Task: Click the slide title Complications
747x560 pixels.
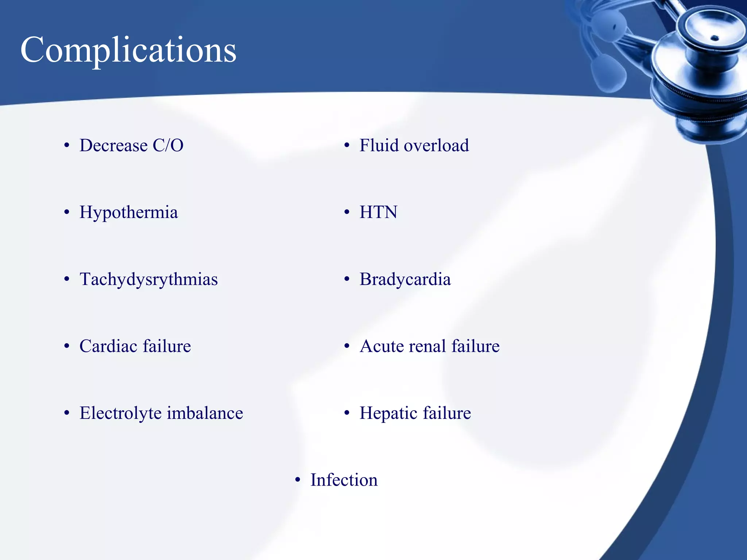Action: pos(128,50)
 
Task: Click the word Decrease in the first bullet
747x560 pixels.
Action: pos(113,145)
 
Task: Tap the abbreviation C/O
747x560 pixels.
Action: pos(168,145)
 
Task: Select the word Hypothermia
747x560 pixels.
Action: pos(128,213)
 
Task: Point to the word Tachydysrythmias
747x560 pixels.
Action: pos(148,280)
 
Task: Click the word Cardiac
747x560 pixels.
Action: pos(108,346)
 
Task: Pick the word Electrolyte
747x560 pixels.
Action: pos(120,413)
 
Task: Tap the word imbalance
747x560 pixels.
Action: pos(205,413)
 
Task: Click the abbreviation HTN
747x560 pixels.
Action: pos(378,212)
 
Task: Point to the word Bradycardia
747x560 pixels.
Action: pos(405,280)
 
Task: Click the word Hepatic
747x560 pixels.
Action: pos(388,413)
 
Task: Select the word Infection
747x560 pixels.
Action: pos(344,480)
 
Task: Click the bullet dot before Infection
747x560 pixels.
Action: pos(298,480)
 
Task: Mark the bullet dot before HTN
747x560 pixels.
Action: pos(347,212)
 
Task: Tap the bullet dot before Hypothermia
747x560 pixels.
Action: pos(66,212)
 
